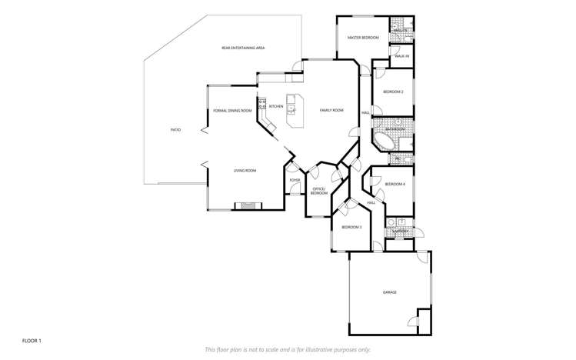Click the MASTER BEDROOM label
coord(363,38)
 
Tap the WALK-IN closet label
coord(401,57)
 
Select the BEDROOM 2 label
coord(393,92)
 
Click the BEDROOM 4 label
coord(395,184)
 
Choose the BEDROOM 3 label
coord(351,228)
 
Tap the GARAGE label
coord(390,292)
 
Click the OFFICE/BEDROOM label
coord(319,192)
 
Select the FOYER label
coord(295,180)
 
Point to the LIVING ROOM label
coord(245,170)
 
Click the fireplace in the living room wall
coord(248,205)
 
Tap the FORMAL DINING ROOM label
coord(232,111)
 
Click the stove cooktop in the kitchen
coord(261,103)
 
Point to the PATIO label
coord(175,130)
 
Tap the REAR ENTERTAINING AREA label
coord(243,48)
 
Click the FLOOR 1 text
coord(32,339)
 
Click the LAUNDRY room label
coord(399,230)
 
